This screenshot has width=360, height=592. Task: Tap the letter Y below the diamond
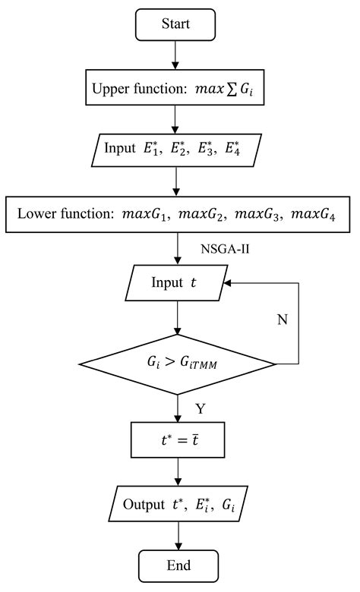tap(201, 410)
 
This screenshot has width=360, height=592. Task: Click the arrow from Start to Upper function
tap(176, 55)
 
